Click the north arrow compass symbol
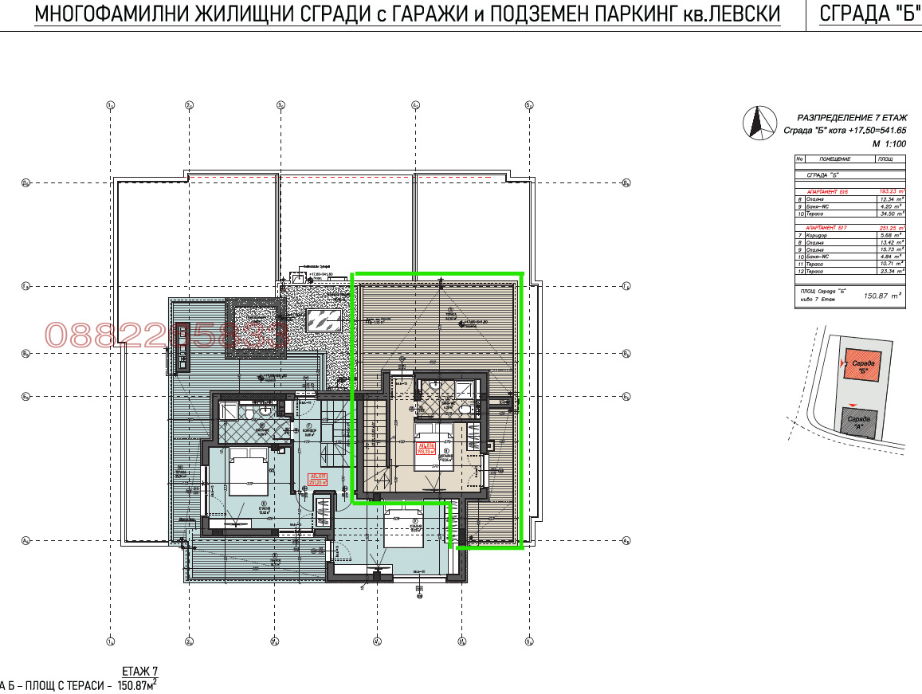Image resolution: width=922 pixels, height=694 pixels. (x=757, y=124)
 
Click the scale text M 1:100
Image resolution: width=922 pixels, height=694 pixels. (x=889, y=144)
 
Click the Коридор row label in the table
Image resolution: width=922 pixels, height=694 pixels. (x=816, y=235)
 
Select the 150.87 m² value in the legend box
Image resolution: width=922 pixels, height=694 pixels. (x=883, y=295)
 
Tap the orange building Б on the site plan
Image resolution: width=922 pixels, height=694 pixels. (x=862, y=365)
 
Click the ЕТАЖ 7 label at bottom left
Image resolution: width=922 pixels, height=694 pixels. (x=139, y=671)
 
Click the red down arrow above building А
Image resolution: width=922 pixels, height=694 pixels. (x=854, y=406)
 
